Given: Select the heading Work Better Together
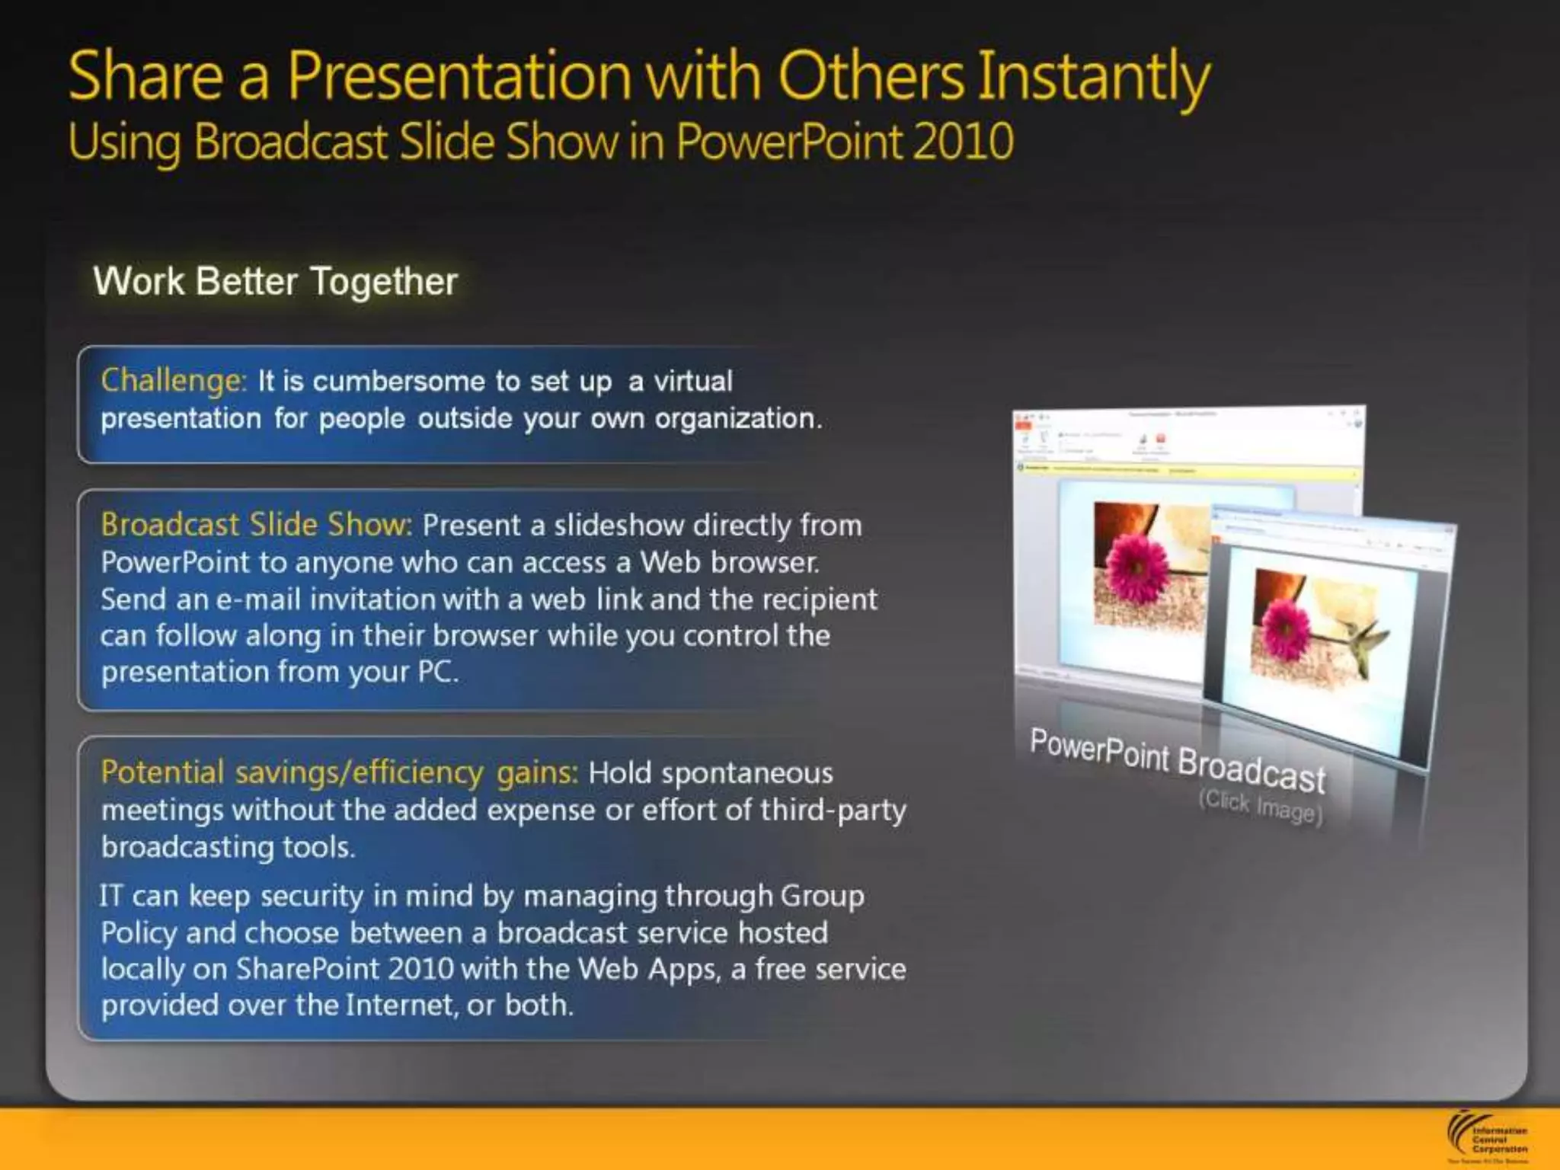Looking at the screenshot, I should pyautogui.click(x=275, y=281).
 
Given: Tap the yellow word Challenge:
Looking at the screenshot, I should pyautogui.click(x=174, y=380).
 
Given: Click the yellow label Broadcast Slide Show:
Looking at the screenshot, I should pyautogui.click(x=256, y=525).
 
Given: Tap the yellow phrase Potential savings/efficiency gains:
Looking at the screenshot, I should pyautogui.click(x=340, y=772).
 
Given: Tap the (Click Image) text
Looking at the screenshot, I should pyautogui.click(x=1261, y=806).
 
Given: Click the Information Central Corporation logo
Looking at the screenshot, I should pyautogui.click(x=1486, y=1138).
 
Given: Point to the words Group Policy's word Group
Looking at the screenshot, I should pyautogui.click(x=821, y=896).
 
